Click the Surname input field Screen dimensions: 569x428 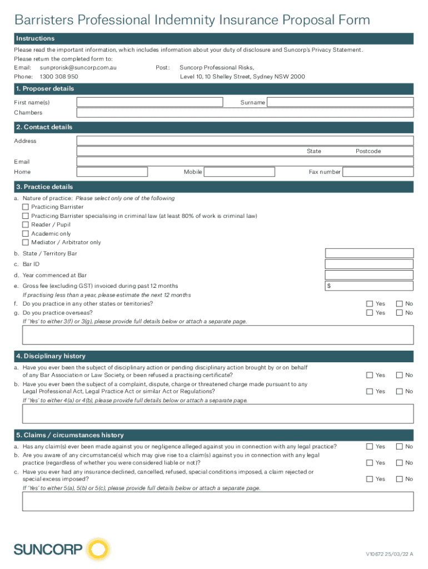point(340,102)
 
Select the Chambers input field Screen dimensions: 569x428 point(245,113)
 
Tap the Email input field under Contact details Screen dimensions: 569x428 point(245,161)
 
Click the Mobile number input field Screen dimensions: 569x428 point(239,172)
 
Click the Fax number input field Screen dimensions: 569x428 point(378,172)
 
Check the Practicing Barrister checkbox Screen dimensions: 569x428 point(26,207)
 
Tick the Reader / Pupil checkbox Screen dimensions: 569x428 point(26,224)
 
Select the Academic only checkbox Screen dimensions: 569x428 point(26,233)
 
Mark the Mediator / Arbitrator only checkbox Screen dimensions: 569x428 point(26,242)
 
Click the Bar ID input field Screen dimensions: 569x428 point(369,264)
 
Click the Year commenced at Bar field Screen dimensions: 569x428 point(369,275)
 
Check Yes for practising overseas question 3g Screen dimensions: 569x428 point(370,313)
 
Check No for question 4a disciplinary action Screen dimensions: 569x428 point(399,375)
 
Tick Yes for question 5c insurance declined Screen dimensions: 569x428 point(370,479)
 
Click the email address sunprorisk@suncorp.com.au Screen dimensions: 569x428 point(78,67)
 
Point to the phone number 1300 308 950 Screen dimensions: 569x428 point(59,77)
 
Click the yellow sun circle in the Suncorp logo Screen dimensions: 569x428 point(99,550)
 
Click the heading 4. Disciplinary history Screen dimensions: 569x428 point(51,356)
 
